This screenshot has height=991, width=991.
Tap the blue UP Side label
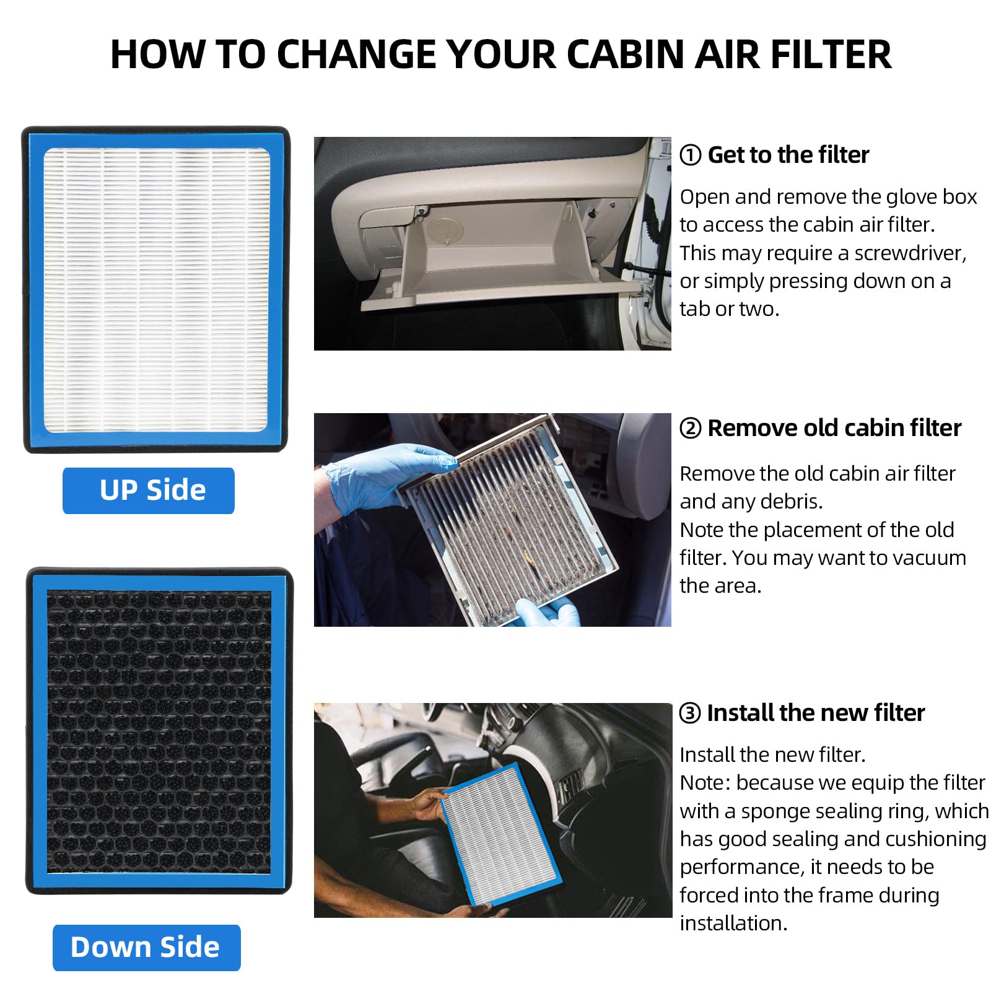click(x=149, y=491)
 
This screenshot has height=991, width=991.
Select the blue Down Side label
click(x=146, y=948)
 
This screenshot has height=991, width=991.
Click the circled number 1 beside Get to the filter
click(x=690, y=155)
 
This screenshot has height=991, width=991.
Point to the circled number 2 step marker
click(x=690, y=428)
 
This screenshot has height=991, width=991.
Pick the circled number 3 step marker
click(x=690, y=713)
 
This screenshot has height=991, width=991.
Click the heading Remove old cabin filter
click(x=834, y=428)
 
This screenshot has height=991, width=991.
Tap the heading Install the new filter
click(x=816, y=713)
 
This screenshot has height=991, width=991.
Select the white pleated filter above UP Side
click(x=156, y=290)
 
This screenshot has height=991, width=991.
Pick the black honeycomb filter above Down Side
click(x=159, y=731)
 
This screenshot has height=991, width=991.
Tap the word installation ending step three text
click(x=733, y=923)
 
